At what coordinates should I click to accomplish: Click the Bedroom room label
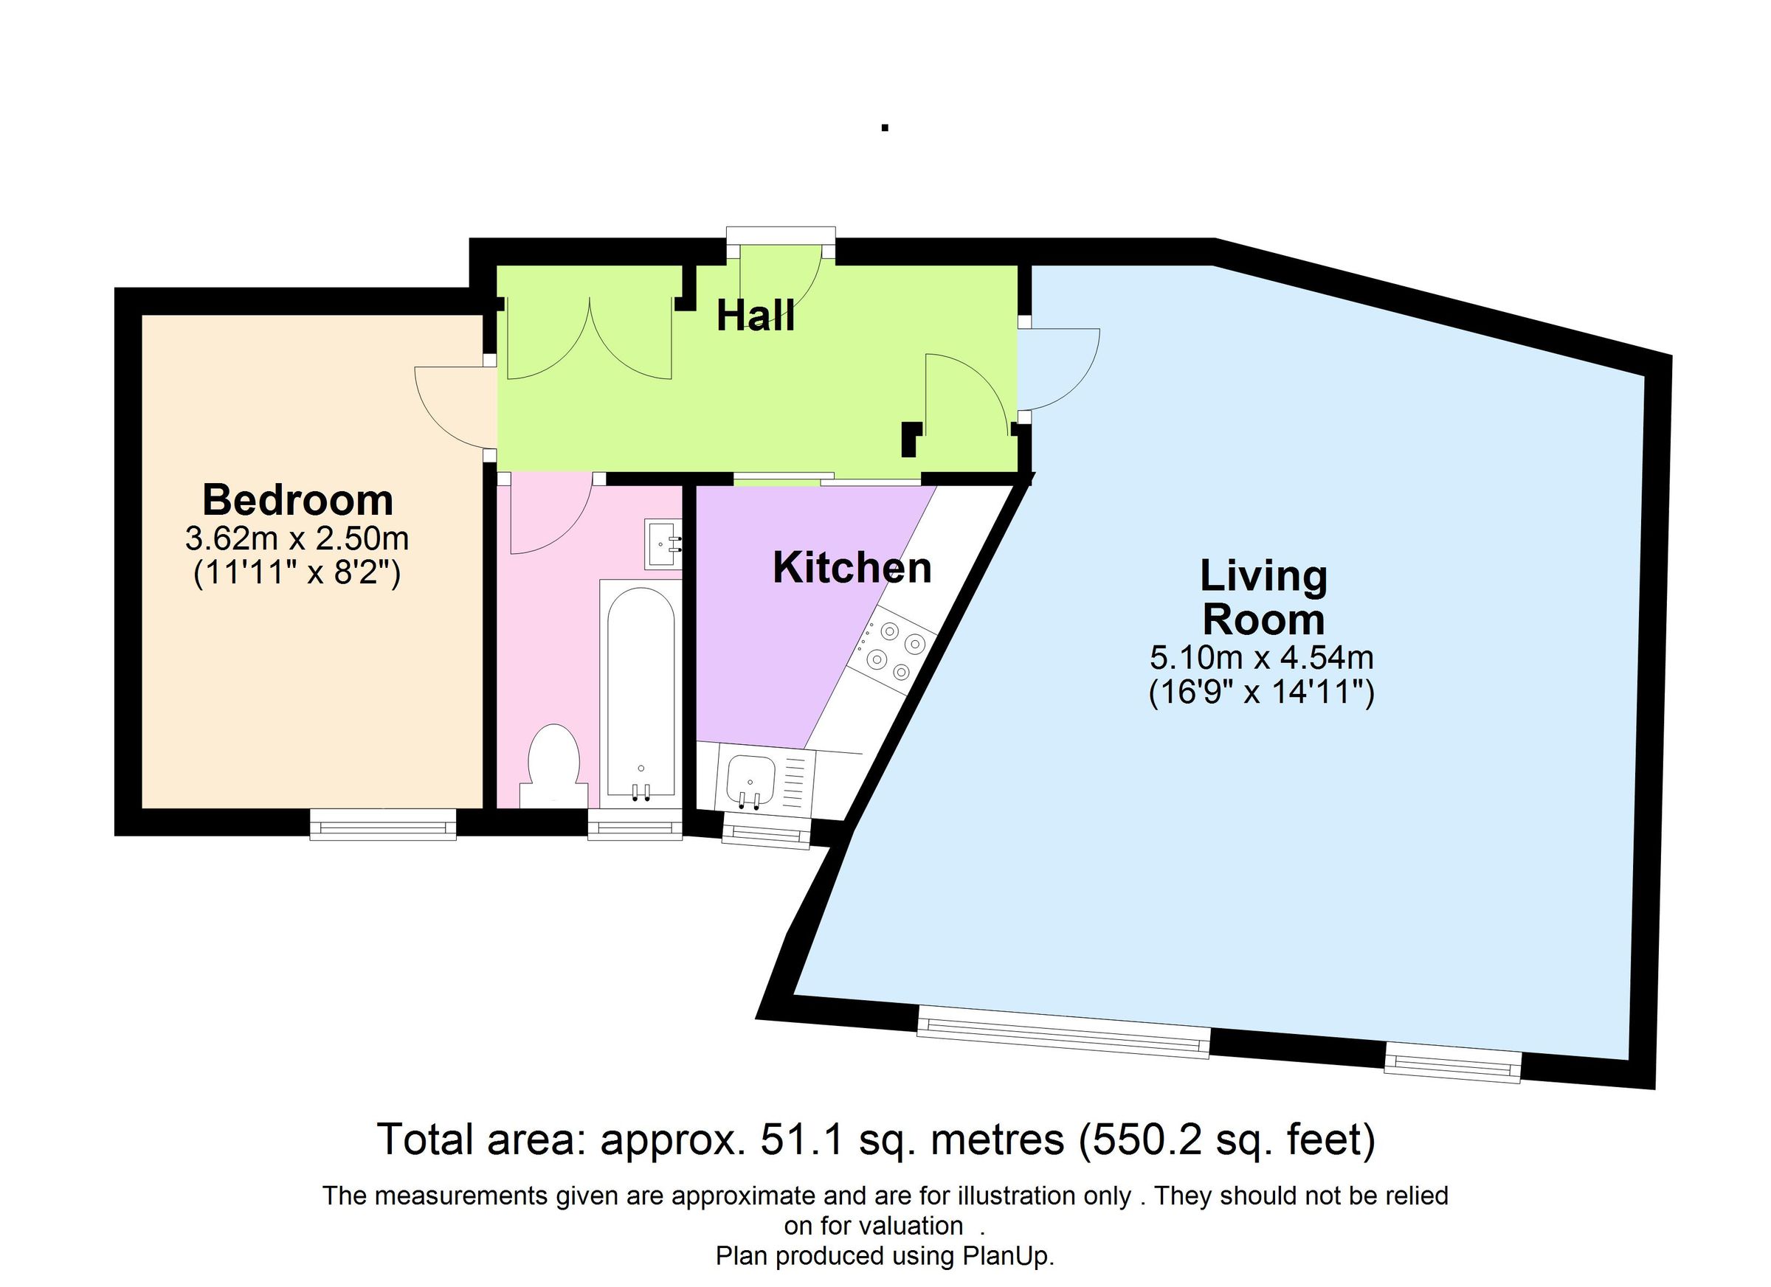tap(297, 499)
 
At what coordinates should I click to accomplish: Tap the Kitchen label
tap(852, 568)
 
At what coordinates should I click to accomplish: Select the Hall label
tap(756, 316)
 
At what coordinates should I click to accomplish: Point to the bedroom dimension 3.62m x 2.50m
tap(297, 538)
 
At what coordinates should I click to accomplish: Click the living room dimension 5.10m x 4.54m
tap(1261, 657)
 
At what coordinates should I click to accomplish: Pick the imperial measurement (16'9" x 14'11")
tap(1261, 693)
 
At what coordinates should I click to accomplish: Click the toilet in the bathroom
tap(553, 766)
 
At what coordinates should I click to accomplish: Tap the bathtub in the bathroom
tap(641, 693)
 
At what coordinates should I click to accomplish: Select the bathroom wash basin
tap(663, 544)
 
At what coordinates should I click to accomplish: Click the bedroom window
tap(383, 824)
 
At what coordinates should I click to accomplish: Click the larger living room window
tap(1063, 1033)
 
